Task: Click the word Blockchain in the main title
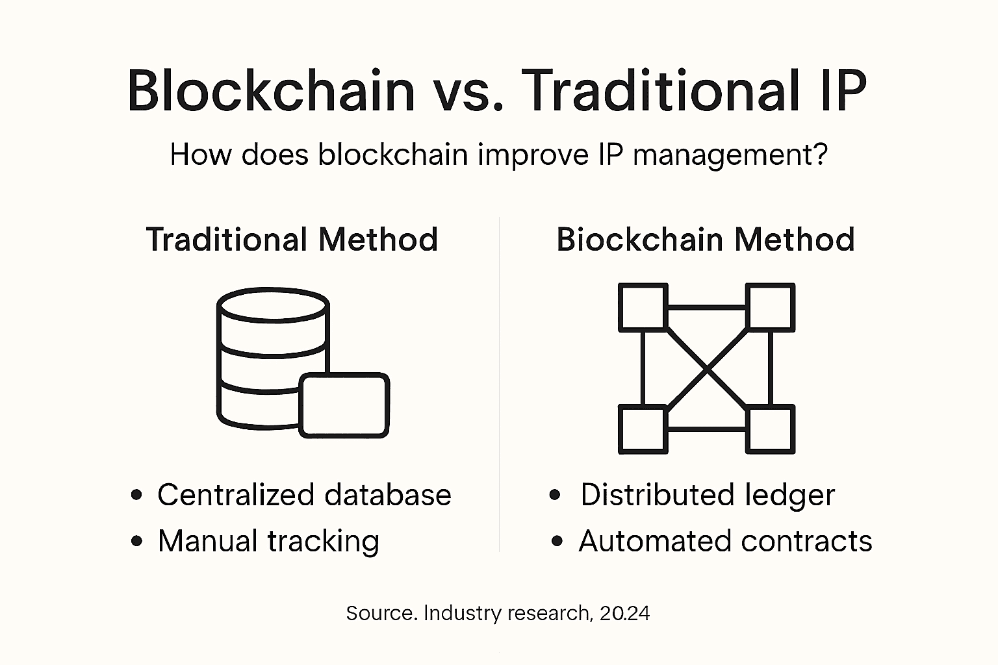click(x=271, y=90)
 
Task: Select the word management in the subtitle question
click(x=730, y=155)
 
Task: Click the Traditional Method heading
click(x=292, y=240)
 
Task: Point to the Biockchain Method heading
click(x=705, y=240)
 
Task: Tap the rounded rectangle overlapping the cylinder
click(x=344, y=405)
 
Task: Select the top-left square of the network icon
click(x=643, y=307)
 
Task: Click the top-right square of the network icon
click(x=770, y=307)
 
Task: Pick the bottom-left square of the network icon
click(x=643, y=429)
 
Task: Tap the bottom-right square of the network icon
click(x=770, y=429)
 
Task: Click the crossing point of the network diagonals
click(x=706, y=368)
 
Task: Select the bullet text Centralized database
click(x=304, y=495)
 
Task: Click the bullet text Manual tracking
click(x=268, y=541)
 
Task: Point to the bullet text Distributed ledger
click(x=707, y=495)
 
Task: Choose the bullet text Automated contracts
click(x=725, y=541)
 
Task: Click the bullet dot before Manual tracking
click(x=136, y=541)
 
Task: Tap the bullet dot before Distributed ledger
click(x=554, y=495)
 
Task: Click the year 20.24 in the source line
click(x=624, y=614)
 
